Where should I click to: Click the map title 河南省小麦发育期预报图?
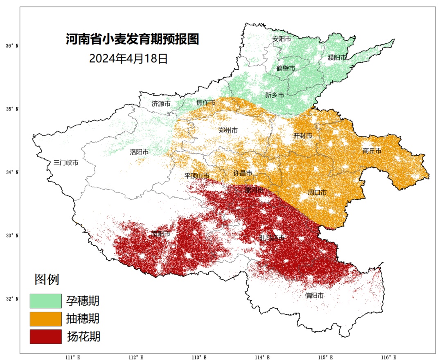132,40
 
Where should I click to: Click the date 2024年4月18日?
129,59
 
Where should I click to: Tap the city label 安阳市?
282,39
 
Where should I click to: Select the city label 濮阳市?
337,58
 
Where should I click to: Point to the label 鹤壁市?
285,68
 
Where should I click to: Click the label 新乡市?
274,95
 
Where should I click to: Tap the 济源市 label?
161,104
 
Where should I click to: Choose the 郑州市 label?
228,130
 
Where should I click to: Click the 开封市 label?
303,136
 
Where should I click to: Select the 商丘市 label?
372,151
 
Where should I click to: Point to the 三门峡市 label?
66,162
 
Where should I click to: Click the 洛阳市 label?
139,152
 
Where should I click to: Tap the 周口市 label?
317,192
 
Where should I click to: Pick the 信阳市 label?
314,295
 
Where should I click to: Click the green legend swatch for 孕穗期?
45,301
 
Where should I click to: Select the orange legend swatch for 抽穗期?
45,319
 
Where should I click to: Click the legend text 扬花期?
83,337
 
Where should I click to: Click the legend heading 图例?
47,279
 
